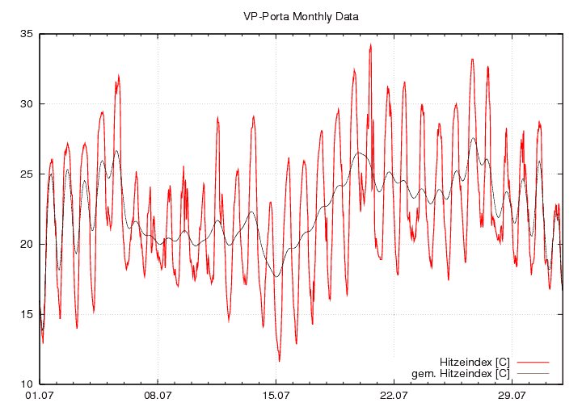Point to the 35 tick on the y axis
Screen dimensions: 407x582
27,34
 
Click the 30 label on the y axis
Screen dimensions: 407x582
27,104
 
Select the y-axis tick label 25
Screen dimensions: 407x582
27,174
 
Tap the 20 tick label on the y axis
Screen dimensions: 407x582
27,244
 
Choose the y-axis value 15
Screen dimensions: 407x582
27,314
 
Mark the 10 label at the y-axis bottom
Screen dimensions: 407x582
27,384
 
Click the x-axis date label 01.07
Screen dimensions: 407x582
40,396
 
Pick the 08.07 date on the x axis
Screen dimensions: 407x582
158,396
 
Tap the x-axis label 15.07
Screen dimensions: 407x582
276,396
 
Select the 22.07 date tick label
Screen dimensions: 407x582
394,396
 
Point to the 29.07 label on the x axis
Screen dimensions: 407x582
512,396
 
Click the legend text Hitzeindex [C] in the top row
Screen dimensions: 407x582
474,361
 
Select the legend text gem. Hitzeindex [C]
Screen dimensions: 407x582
461,373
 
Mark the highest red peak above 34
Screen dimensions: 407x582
370,44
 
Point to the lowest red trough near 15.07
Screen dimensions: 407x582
279,360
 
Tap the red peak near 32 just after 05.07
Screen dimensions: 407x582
118,76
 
